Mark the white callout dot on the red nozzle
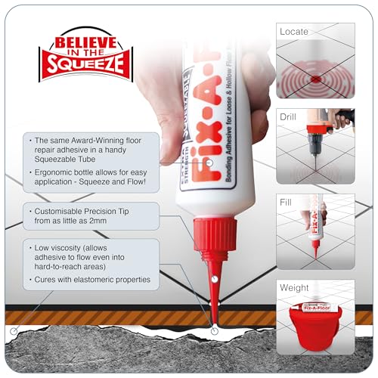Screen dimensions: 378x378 (216, 280)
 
